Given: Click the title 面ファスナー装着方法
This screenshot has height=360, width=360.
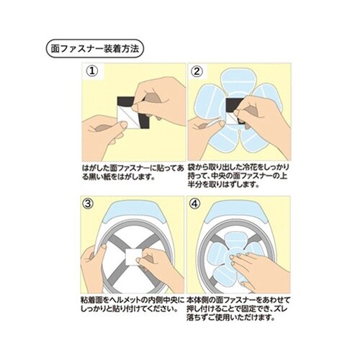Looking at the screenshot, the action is (95, 49).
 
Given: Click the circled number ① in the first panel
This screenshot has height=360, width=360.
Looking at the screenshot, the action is (92, 71).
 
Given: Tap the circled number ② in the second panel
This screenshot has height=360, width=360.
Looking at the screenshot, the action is (197, 71).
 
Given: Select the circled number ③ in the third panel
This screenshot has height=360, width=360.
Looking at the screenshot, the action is (88, 204).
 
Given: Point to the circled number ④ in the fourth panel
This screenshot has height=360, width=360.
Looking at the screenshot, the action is (194, 204).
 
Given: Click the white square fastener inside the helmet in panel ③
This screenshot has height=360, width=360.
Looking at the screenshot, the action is (134, 257).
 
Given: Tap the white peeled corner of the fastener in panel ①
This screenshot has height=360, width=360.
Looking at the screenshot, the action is (125, 117).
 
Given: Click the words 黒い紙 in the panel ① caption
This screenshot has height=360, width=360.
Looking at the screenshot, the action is (102, 177).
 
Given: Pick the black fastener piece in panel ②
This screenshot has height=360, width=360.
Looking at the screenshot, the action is (234, 106).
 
